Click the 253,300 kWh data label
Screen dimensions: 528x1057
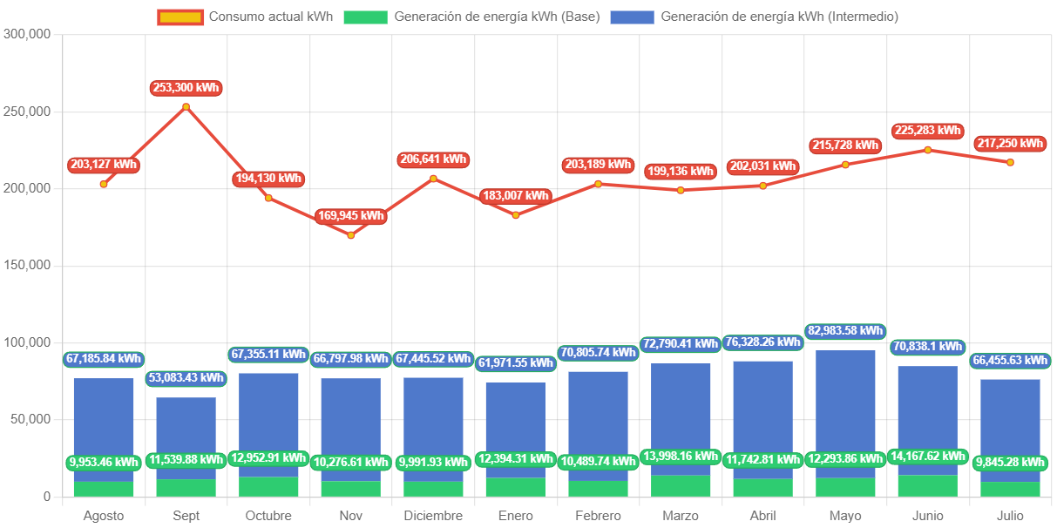(x=185, y=88)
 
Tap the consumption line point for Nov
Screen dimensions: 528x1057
(x=351, y=235)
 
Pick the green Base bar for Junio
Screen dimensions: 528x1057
(x=928, y=485)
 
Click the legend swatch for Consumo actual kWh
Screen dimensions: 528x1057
(x=180, y=17)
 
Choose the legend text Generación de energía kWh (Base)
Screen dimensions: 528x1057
(x=497, y=17)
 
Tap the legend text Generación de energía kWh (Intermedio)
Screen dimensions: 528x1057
(x=779, y=17)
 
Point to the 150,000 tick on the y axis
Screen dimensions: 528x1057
(x=28, y=265)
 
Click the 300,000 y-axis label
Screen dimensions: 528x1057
(x=28, y=34)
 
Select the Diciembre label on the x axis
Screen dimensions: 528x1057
(x=433, y=516)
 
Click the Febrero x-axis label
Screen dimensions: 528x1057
(x=598, y=516)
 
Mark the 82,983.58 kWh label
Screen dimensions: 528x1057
(x=845, y=331)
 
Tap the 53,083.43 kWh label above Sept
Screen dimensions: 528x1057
(x=186, y=378)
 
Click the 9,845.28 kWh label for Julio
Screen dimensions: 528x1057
(x=1011, y=463)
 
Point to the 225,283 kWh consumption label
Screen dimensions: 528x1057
(x=927, y=132)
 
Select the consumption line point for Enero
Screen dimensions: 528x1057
(x=516, y=215)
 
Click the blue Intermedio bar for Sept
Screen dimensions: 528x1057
(x=186, y=436)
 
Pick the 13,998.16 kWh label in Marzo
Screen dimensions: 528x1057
(x=681, y=456)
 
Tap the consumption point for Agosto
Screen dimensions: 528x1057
(x=104, y=184)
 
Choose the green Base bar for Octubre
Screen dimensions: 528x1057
(x=268, y=486)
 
